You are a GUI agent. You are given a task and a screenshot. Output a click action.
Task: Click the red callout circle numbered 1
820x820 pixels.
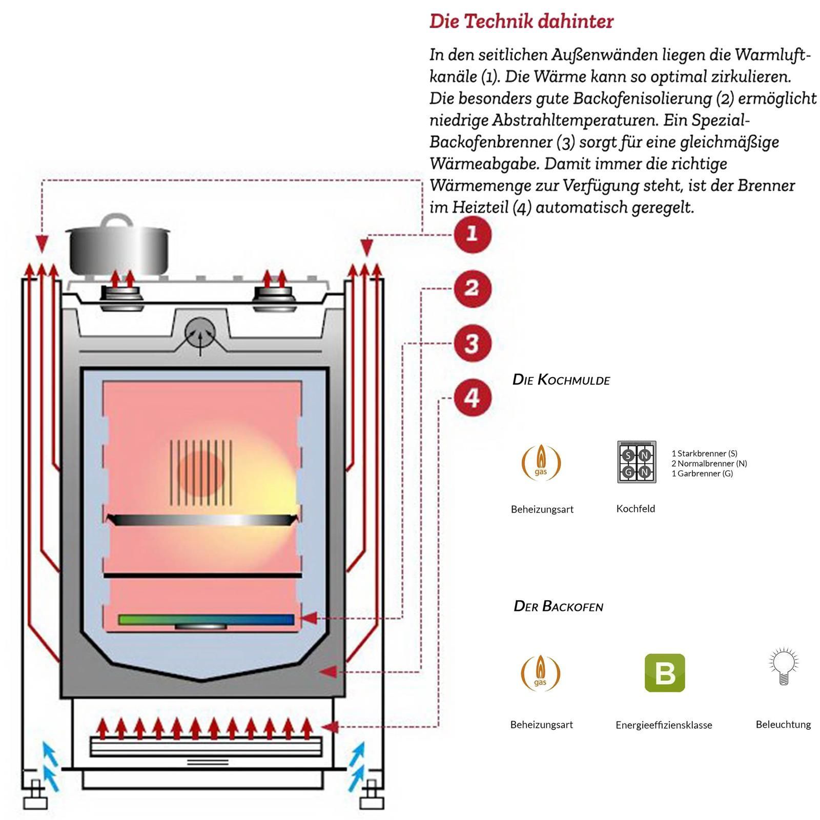click(472, 235)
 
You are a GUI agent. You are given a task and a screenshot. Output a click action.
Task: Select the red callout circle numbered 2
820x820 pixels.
click(472, 289)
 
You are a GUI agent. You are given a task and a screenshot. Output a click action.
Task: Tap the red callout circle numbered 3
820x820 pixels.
click(472, 343)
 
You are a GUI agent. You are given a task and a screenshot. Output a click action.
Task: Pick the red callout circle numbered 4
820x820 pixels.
click(472, 398)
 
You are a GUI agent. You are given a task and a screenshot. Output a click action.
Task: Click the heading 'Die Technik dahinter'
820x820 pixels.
click(521, 22)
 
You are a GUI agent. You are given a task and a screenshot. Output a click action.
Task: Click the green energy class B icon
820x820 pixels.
click(664, 672)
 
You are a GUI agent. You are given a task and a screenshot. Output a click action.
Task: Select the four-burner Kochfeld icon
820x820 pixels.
click(637, 462)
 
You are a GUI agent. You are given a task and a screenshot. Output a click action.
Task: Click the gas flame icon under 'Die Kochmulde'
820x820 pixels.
click(541, 462)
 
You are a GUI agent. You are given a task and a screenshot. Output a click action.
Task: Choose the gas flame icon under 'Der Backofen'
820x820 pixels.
click(541, 672)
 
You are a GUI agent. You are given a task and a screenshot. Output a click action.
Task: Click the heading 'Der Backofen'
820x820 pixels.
click(558, 606)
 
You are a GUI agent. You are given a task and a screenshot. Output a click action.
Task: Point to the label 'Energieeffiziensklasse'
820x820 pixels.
click(664, 725)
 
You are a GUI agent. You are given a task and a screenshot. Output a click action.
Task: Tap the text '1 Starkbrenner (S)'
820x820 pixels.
click(704, 454)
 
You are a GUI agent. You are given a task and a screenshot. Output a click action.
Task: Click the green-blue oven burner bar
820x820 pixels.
click(206, 620)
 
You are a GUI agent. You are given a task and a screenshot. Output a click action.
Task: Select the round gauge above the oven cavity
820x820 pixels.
click(199, 332)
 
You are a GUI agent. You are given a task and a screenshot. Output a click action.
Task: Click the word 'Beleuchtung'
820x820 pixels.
click(783, 724)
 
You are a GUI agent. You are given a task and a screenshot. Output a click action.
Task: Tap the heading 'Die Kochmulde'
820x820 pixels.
click(561, 380)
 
